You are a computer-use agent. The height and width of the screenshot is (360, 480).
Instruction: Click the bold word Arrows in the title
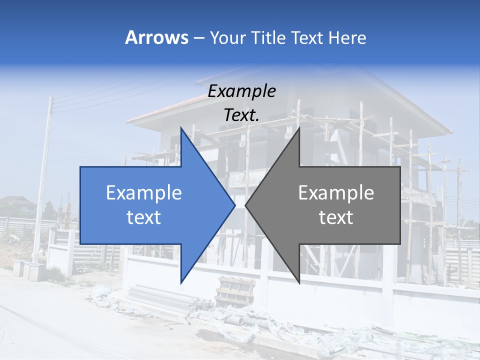coord(157,37)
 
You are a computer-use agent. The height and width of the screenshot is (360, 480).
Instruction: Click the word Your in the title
coord(226,38)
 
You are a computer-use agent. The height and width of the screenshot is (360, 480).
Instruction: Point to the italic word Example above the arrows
coord(242,91)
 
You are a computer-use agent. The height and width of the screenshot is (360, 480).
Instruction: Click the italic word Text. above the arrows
coord(242,115)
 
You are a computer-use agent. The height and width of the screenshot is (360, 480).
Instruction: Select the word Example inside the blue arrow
coord(144,192)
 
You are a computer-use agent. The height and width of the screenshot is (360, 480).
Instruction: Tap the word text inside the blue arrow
coord(144,217)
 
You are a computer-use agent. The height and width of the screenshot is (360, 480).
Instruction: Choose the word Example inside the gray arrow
coord(336,192)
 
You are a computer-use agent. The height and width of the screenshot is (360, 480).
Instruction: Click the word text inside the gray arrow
coord(336,217)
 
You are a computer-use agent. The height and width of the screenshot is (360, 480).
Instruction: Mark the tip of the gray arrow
coord(246,205)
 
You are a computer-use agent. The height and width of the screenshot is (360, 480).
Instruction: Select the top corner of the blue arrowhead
coord(181,128)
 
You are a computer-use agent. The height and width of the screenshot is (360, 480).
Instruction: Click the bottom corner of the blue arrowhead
coord(181,283)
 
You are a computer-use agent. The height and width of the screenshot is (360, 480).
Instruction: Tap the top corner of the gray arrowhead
coord(299,128)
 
